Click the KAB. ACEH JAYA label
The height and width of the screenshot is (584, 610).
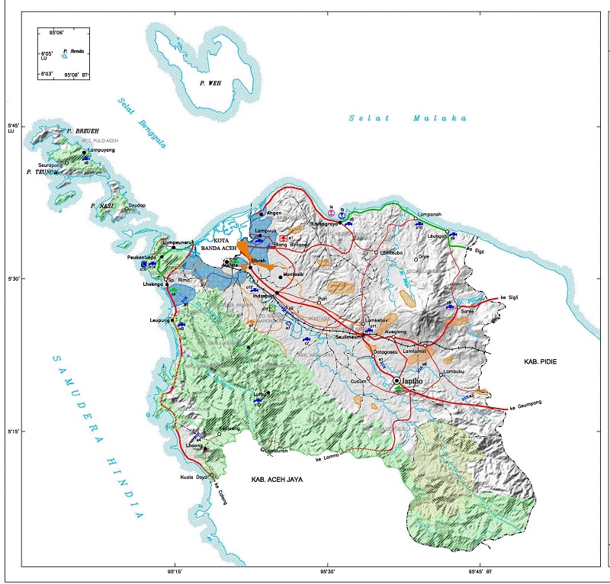[x=278, y=481]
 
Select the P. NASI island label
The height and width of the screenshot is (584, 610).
[x=102, y=206]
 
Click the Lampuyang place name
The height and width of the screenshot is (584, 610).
[x=100, y=151]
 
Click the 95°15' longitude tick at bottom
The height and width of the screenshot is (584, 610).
[x=175, y=570]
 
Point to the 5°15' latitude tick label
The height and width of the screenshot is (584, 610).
[x=11, y=432]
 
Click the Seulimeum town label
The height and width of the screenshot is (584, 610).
[x=352, y=336]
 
